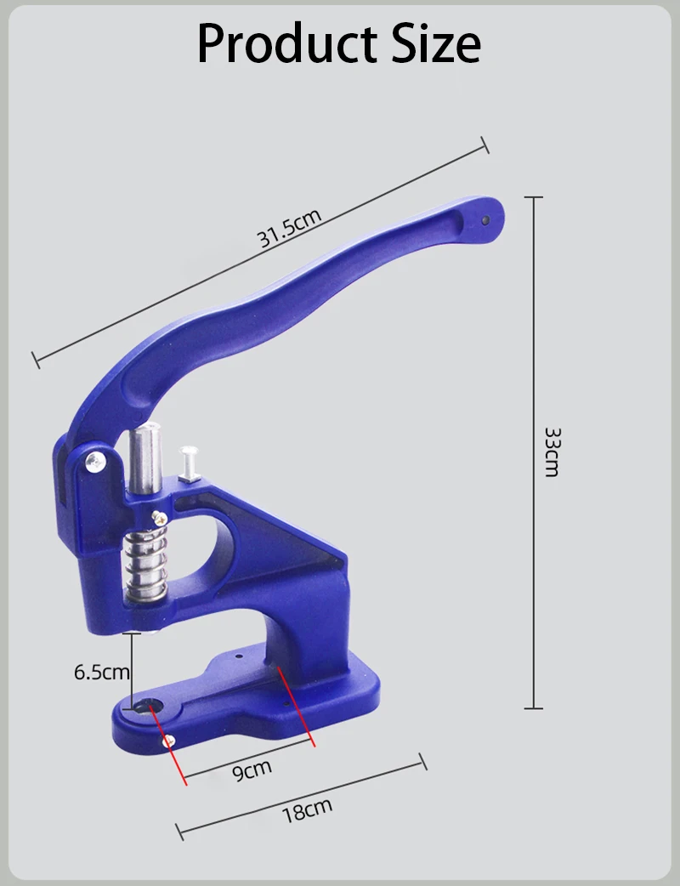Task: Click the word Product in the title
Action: (x=287, y=44)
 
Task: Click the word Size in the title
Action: (x=436, y=44)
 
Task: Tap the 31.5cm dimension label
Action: (x=289, y=228)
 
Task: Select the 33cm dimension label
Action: (x=552, y=452)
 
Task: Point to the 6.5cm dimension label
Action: (x=102, y=672)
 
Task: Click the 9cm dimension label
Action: (x=252, y=769)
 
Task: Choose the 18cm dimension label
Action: (x=307, y=810)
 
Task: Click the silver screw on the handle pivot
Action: (x=95, y=462)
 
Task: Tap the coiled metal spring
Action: (x=146, y=565)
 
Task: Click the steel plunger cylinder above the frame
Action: (x=144, y=457)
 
